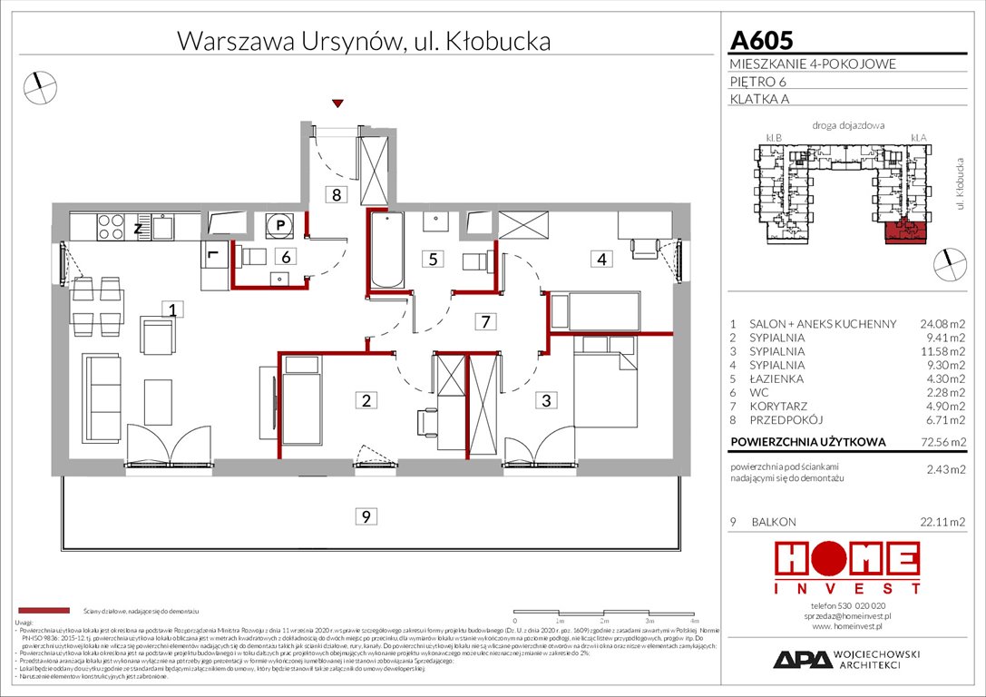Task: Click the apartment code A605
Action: pos(761,40)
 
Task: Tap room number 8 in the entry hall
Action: pos(337,193)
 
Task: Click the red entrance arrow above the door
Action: pos(338,104)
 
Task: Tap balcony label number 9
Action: pos(365,517)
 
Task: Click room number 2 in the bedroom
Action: pos(366,400)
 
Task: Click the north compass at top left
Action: pos(41,86)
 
